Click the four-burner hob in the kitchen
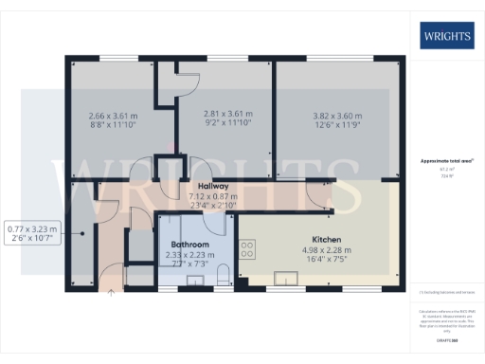[x=247, y=250]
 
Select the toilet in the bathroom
[x=223, y=274]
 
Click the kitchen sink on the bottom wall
[x=286, y=277]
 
